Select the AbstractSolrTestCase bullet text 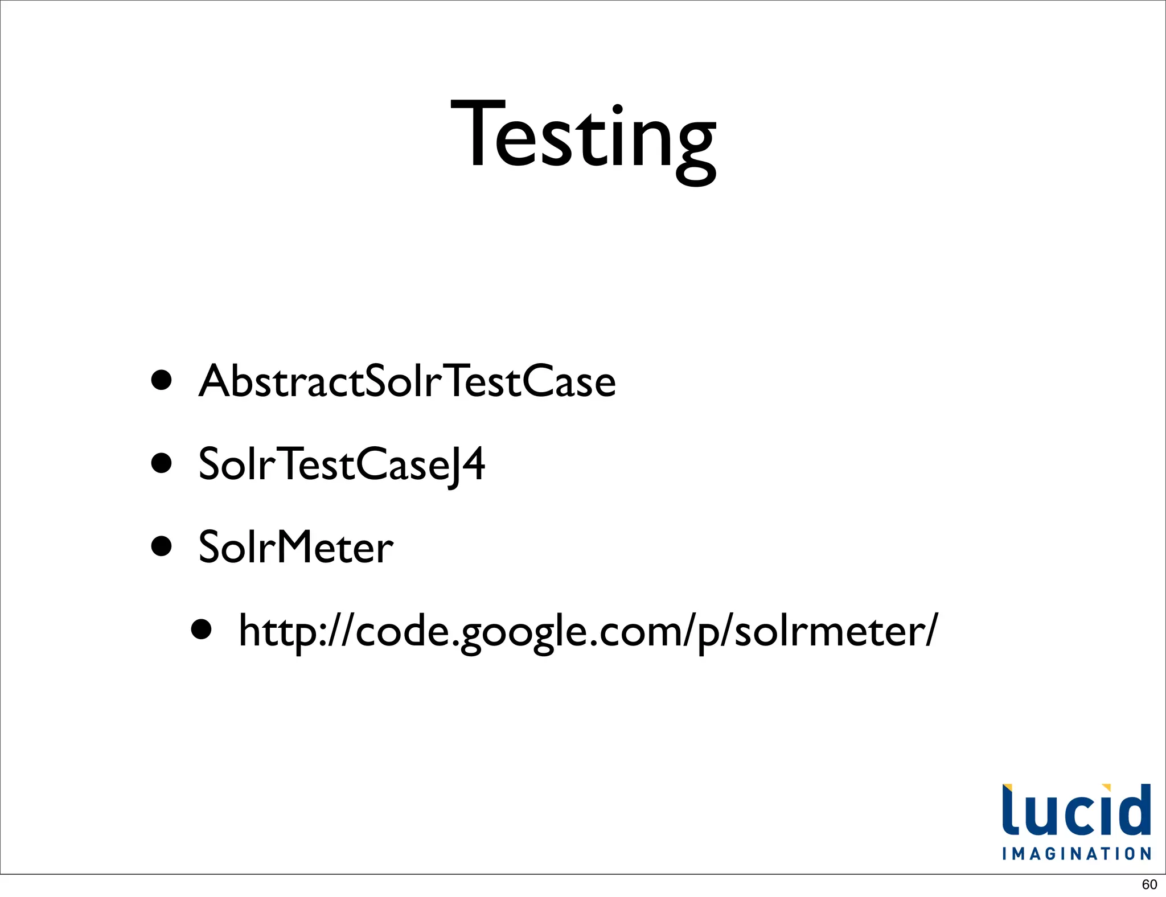(407, 381)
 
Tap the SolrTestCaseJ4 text (342, 464)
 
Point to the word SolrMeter (295, 547)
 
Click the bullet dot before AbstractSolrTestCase (162, 380)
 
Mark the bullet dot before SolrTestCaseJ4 (162, 463)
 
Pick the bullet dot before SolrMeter (162, 546)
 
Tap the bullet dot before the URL (202, 629)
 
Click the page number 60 (1149, 884)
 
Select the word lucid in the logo (1077, 810)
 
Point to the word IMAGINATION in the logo (1077, 854)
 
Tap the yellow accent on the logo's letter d (1106, 788)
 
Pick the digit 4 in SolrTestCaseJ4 (473, 464)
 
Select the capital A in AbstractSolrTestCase (216, 381)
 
